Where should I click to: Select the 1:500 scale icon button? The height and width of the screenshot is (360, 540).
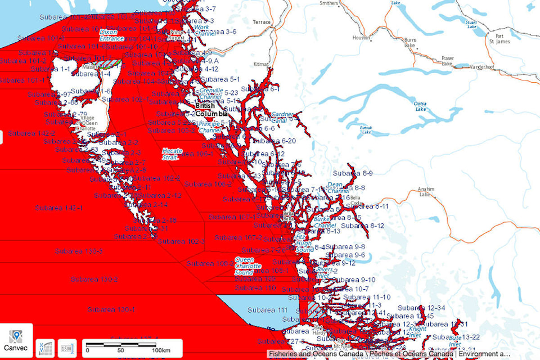[x=67, y=347]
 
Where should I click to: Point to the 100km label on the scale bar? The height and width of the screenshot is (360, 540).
[x=161, y=350]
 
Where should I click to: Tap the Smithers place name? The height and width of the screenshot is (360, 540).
[x=328, y=3]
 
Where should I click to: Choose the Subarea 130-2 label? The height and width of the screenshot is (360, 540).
[x=94, y=279]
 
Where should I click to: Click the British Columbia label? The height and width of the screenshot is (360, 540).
[x=211, y=109]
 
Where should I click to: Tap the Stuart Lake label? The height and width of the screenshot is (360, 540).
[x=471, y=22]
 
